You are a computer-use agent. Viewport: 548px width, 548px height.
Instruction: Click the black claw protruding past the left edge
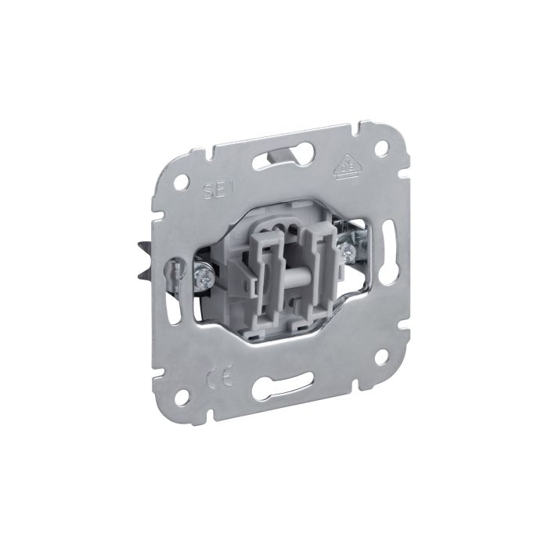tap(148, 258)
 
